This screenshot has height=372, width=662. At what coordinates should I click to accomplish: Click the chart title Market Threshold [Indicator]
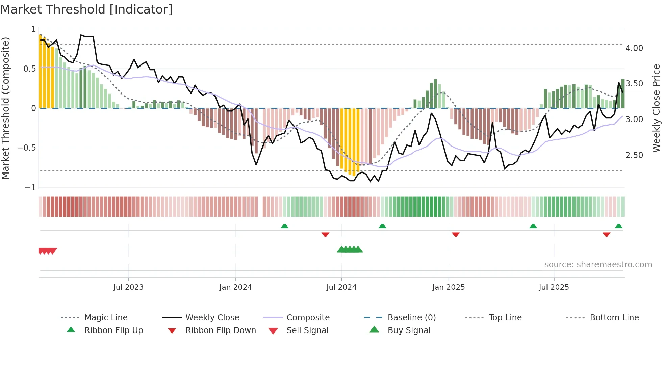pos(86,9)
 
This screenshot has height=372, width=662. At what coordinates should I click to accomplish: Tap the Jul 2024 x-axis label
pos(341,287)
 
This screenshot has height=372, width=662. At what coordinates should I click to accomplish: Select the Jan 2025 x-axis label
pos(448,287)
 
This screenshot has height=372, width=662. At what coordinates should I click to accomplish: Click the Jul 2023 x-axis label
pos(128,287)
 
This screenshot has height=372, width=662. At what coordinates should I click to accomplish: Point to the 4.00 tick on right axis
pos(634,48)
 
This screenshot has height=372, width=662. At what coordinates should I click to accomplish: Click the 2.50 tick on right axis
pos(634,155)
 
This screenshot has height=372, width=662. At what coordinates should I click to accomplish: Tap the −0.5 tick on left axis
pos(26,148)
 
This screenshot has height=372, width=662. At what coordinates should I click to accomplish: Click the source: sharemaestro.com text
pos(598,265)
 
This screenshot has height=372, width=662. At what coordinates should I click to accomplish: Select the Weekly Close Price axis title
pos(656,108)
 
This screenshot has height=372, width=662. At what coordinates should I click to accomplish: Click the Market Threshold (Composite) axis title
pos(5,108)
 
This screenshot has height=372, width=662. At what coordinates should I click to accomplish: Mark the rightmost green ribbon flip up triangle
pos(618,226)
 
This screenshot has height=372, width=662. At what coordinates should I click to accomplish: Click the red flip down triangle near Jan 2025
pos(456,234)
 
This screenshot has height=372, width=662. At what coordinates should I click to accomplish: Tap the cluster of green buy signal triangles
pos(350,249)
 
